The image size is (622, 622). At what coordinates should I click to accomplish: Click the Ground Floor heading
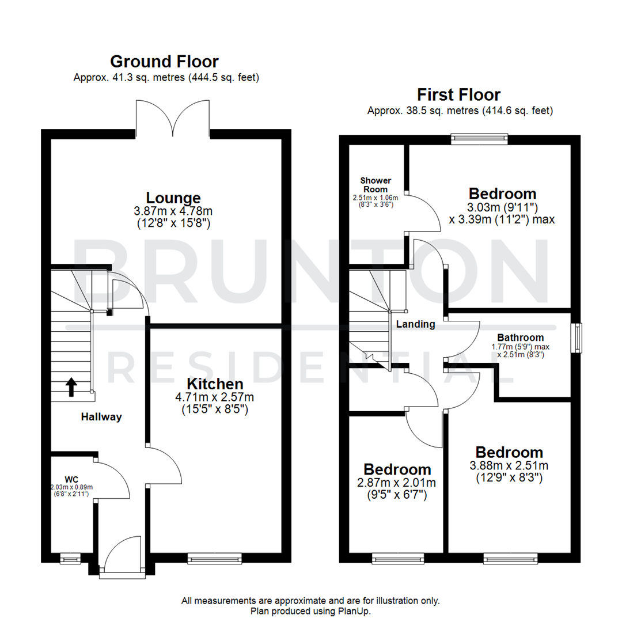164,61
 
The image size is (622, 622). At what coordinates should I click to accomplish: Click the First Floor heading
459,94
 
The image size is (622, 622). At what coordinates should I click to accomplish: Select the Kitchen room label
214,384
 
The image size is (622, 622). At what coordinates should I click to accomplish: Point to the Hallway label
101,417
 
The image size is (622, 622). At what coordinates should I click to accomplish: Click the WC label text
71,479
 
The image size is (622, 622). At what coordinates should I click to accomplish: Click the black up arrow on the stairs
71,387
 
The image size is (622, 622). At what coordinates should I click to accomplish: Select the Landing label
415,324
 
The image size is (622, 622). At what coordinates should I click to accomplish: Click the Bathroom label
520,337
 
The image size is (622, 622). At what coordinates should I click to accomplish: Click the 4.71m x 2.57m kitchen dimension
214,397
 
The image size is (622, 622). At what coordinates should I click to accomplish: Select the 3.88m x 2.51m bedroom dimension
509,465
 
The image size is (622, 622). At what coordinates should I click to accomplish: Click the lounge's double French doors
173,119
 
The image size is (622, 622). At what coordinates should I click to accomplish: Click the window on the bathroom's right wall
576,337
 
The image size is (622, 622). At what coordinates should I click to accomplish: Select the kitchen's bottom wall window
214,558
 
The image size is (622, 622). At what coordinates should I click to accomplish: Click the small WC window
70,557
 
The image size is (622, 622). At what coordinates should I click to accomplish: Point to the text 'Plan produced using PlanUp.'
310,610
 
